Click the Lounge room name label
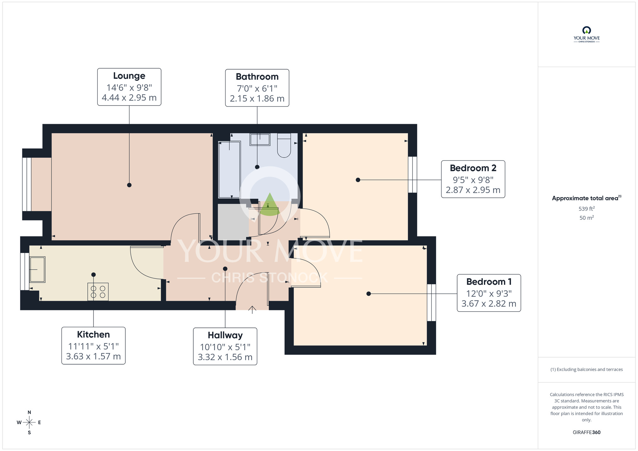coord(129,76)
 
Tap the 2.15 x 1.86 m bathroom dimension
coord(257,99)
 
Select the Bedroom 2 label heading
coord(473,168)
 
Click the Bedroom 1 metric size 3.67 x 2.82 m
coord(489,304)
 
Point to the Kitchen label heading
coord(93,335)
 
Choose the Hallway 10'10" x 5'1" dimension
coord(225,347)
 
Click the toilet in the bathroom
coord(284,146)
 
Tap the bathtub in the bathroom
coord(229,170)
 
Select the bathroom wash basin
coord(260,139)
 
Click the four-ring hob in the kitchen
coord(98,292)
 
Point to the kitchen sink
coord(37,270)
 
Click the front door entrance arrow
coord(252,309)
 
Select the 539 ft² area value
coord(586,209)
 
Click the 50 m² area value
coord(586,218)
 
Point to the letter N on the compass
coord(29,412)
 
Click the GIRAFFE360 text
coord(586,433)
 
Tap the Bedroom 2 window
coord(412,174)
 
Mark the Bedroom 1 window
coord(431,302)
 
